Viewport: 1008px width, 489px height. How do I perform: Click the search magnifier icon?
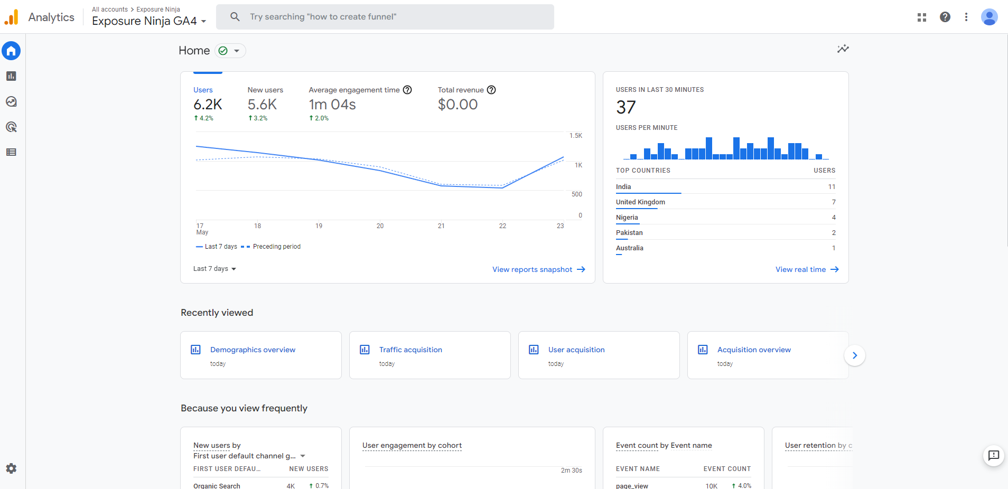235,17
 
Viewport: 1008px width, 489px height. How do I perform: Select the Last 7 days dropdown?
214,269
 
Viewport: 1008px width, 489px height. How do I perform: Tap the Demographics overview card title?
253,350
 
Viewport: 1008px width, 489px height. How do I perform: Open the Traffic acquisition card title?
410,350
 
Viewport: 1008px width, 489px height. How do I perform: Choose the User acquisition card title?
576,350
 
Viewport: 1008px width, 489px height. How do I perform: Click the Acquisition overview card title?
754,350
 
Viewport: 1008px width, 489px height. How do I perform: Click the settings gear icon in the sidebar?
11,468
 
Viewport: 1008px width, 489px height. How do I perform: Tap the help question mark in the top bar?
945,17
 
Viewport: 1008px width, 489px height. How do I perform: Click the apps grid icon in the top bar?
922,17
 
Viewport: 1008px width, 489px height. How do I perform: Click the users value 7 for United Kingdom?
834,202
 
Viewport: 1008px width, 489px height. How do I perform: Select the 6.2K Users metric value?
208,105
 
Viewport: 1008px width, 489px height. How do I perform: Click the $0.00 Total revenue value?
458,105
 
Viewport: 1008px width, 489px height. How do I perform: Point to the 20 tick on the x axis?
380,226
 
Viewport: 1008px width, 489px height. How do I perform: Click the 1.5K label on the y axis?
575,136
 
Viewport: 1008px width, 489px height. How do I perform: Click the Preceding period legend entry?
276,247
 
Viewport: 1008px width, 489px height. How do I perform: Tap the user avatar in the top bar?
989,17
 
